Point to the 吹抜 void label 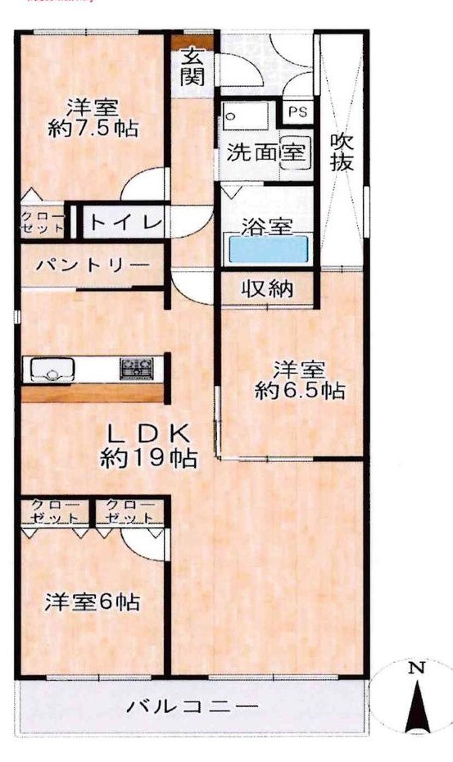(x=342, y=152)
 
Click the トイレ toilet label (x=125, y=220)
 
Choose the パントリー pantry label (x=92, y=266)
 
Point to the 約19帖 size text (x=149, y=457)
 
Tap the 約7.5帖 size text (x=92, y=128)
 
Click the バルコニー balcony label (x=193, y=705)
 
